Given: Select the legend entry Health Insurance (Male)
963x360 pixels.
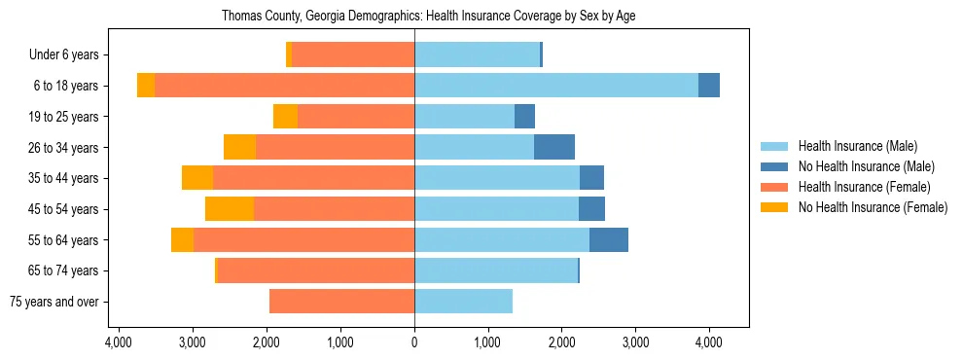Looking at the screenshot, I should coord(856,146).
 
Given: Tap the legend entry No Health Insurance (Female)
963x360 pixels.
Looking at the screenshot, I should coord(872,207).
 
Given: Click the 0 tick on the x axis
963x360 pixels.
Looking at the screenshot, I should coord(414,342).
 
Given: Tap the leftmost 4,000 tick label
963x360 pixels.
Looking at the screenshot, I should coord(119,342).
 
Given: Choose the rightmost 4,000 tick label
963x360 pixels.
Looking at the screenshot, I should coord(708,342).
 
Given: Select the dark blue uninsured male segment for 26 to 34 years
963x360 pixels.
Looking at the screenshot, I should coord(554,147).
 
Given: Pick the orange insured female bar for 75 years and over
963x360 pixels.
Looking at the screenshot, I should coord(341,302).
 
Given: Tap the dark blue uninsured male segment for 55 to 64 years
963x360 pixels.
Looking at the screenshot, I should coord(609,240).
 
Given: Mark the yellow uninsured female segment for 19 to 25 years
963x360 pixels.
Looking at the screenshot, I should coord(285,117).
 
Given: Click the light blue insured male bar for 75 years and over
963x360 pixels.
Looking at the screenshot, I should coord(463,302).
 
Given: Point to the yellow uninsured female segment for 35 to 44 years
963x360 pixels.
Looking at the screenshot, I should coord(197,178).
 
